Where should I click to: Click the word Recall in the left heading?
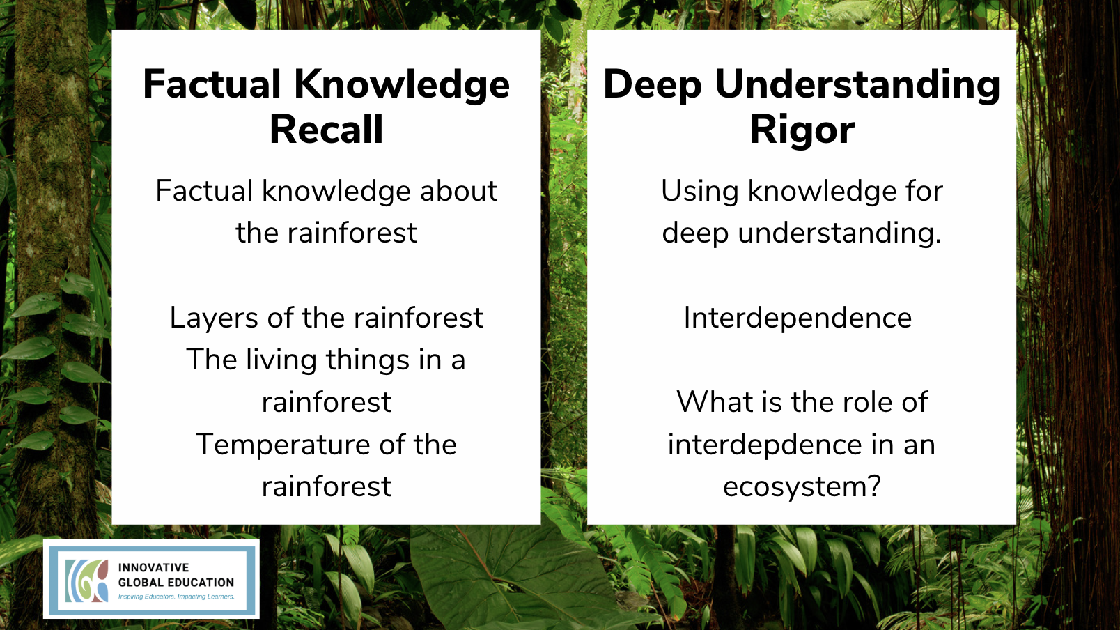pos(326,130)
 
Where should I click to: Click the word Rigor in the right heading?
pos(802,130)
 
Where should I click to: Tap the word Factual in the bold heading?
pos(212,84)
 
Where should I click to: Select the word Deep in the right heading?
pos(652,84)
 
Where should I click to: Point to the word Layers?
pos(214,318)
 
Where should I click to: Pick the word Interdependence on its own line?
pos(798,318)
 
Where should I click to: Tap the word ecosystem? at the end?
pos(802,486)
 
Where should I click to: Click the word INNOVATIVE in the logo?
pos(153,568)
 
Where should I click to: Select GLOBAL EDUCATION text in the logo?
pos(176,583)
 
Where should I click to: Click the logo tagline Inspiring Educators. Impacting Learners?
pos(176,597)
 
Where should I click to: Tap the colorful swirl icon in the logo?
pos(87,581)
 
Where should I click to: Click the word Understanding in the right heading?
pos(857,84)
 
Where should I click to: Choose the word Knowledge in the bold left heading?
pos(402,84)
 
